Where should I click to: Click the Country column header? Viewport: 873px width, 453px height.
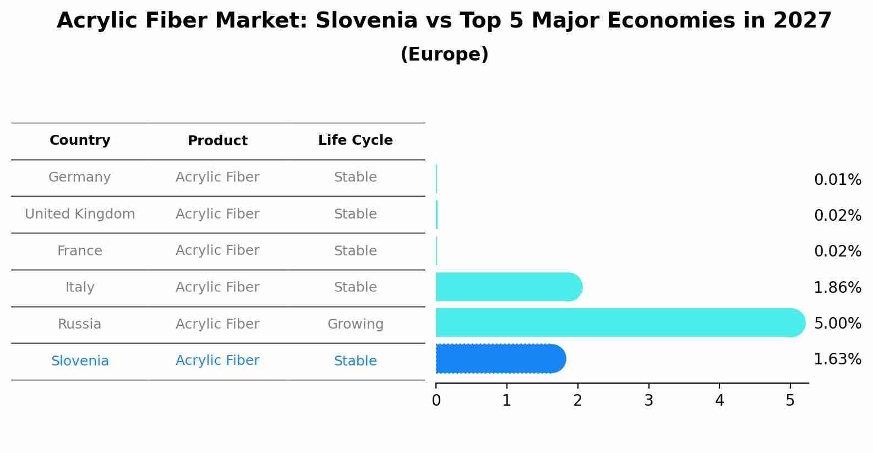point(80,140)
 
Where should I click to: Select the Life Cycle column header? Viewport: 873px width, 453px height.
point(355,140)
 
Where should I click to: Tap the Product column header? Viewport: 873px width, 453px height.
point(217,141)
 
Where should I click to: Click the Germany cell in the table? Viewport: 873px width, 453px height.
point(80,177)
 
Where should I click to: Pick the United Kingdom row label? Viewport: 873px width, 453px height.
point(80,214)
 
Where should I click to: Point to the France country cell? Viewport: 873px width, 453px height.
point(80,251)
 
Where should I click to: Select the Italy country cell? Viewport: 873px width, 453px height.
point(80,287)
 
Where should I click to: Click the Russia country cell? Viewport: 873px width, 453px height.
point(80,324)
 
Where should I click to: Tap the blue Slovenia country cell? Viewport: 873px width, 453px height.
point(80,361)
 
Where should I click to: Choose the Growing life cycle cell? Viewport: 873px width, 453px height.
point(355,324)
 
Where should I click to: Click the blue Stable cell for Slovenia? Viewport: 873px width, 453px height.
point(355,361)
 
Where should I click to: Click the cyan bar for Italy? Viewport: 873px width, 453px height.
point(506,287)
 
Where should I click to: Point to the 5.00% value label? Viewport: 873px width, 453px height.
point(837,323)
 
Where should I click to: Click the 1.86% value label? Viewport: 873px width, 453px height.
point(837,287)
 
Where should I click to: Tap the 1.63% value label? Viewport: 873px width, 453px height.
point(837,359)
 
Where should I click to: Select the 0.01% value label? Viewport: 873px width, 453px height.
point(837,180)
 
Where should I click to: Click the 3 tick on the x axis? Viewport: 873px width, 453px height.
point(648,401)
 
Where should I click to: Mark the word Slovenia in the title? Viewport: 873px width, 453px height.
point(366,21)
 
